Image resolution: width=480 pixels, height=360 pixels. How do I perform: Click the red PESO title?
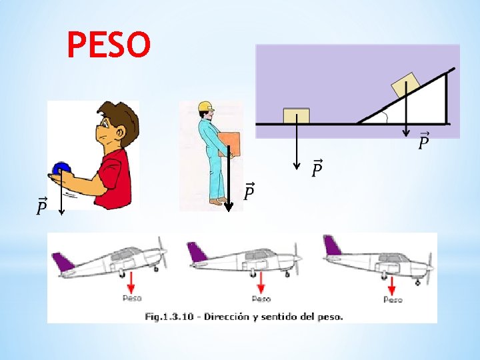[109, 45]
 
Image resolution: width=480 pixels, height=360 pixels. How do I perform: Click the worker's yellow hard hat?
[205, 106]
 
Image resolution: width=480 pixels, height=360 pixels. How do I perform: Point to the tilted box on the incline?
[405, 87]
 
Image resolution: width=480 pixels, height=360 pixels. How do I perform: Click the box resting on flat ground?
[296, 116]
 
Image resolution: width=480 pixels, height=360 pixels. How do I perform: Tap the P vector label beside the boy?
[42, 207]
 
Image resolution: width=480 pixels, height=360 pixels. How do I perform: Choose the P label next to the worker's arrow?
[249, 192]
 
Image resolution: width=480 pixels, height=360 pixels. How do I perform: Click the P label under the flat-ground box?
[317, 170]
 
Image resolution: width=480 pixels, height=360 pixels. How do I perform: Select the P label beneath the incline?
[423, 141]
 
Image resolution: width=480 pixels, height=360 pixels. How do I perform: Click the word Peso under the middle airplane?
[261, 299]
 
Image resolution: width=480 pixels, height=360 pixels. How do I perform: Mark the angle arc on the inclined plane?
[385, 117]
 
